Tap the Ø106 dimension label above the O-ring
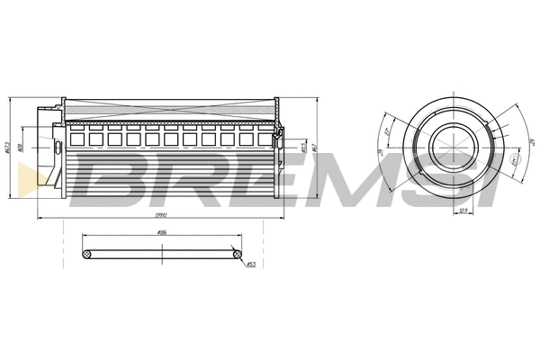(162, 232)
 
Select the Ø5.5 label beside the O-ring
(251, 265)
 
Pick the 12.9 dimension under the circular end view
(464, 211)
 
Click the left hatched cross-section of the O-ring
(86, 256)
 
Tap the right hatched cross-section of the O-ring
(237, 256)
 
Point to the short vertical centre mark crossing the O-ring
(162, 256)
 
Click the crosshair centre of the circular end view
(449, 146)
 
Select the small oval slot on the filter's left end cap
(57, 147)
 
